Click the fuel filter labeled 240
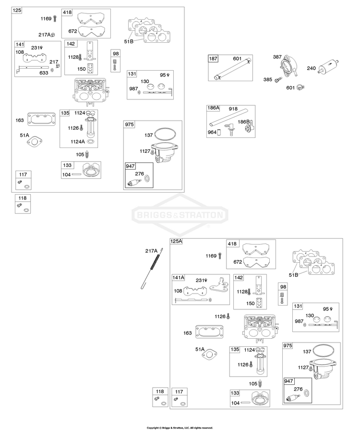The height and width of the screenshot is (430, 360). (x=328, y=67)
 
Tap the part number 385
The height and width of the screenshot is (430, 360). (x=267, y=80)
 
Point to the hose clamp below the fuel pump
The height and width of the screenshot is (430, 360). (x=300, y=87)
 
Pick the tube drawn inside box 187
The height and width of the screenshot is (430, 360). (x=232, y=68)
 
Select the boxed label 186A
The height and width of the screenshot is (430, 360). (x=213, y=108)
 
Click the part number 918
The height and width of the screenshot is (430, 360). (x=233, y=109)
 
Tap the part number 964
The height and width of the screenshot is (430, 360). (x=212, y=132)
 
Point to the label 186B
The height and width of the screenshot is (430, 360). (x=243, y=122)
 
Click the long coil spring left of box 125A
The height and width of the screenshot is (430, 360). (x=152, y=268)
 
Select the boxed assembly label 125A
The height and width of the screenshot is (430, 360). (x=177, y=241)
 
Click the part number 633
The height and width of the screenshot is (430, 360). (x=44, y=73)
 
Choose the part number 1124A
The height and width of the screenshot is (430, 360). (x=78, y=142)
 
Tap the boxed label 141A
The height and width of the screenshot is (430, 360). (x=179, y=278)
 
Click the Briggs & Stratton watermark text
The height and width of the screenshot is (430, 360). (x=180, y=215)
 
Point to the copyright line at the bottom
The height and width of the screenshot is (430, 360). (x=180, y=428)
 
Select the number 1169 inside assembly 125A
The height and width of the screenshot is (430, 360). (x=211, y=256)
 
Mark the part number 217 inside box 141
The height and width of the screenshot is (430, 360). (x=54, y=62)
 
